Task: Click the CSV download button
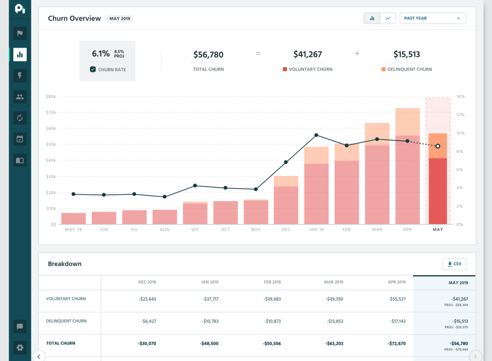pos(455,264)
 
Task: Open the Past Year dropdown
pos(433,18)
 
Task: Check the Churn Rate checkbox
pos(93,69)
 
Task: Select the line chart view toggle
pos(387,18)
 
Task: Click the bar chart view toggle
pos(372,18)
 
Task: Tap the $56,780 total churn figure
pos(208,54)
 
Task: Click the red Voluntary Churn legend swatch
pos(285,69)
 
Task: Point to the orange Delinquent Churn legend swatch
pos(383,69)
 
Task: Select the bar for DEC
pos(286,200)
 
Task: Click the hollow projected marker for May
pos(438,146)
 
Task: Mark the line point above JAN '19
pos(316,135)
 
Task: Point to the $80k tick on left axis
pos(51,96)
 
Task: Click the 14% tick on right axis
pos(460,96)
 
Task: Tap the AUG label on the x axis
pos(165,230)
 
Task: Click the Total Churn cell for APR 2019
pos(394,343)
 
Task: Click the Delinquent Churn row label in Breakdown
pos(66,321)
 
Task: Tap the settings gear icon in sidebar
pos(20,348)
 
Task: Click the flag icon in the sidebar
pos(20,34)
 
